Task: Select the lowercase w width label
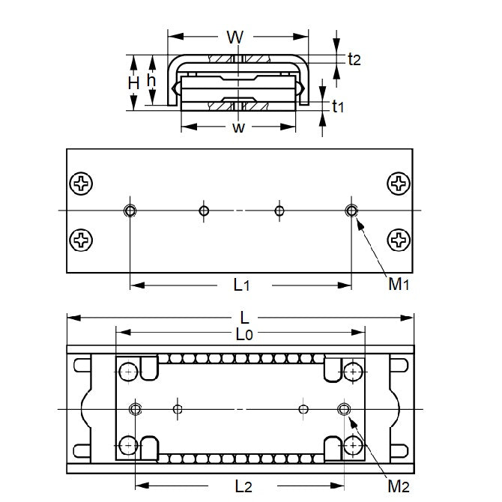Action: pyautogui.click(x=238, y=127)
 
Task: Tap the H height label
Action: pyautogui.click(x=134, y=82)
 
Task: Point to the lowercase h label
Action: pyautogui.click(x=151, y=80)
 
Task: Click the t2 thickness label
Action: pyautogui.click(x=354, y=60)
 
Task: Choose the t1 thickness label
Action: pyautogui.click(x=337, y=107)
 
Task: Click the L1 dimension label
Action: pyautogui.click(x=241, y=285)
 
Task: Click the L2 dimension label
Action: pyautogui.click(x=243, y=486)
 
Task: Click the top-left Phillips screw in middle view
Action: pyautogui.click(x=80, y=183)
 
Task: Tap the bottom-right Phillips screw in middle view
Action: pyautogui.click(x=399, y=240)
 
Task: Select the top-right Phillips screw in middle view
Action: pyautogui.click(x=399, y=183)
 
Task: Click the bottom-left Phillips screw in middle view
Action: pyautogui.click(x=80, y=240)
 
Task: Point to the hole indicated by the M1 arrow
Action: pyautogui.click(x=351, y=211)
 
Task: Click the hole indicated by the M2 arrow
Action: pyautogui.click(x=344, y=409)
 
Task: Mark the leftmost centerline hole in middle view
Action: pyautogui.click(x=130, y=211)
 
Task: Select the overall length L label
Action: pyautogui.click(x=244, y=317)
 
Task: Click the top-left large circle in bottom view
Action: pyautogui.click(x=129, y=371)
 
